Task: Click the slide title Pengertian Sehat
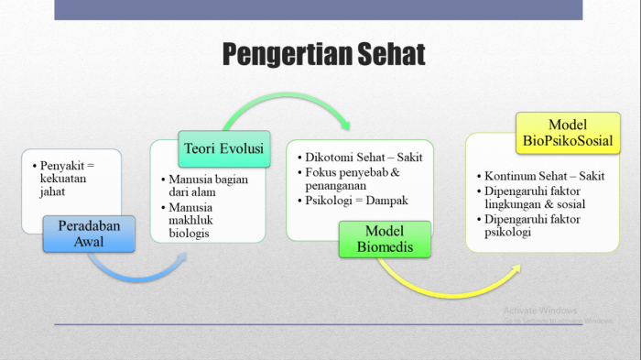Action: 323,54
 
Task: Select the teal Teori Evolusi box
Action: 223,148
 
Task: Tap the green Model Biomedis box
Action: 385,239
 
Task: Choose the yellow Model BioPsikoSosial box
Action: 567,133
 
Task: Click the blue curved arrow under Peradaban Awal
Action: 137,272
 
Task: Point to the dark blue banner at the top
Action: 318,9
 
